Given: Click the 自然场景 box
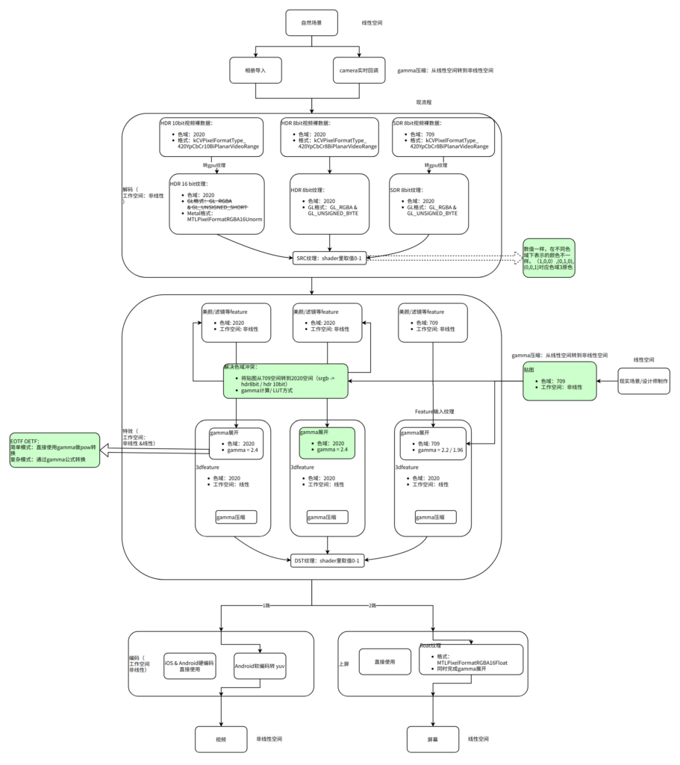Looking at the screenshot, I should (312, 22).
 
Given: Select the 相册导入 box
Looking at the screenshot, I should (256, 70).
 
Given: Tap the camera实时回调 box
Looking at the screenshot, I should (359, 70).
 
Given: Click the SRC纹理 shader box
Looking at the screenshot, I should (329, 258).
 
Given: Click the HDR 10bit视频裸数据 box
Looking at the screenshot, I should (212, 137).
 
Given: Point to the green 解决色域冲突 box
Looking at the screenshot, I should (285, 381).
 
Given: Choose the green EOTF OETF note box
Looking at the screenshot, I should (54, 450).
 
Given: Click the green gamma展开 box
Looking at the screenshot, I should (326, 443).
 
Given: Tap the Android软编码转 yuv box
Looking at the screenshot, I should (261, 666).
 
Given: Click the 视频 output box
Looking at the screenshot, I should (221, 739).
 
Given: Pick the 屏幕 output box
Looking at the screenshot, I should (433, 739).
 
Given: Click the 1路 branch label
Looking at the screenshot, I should (266, 604).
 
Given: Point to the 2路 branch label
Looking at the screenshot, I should (372, 604).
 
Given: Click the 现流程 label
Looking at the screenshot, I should (424, 102).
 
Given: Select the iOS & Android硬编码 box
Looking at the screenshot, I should (190, 666).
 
